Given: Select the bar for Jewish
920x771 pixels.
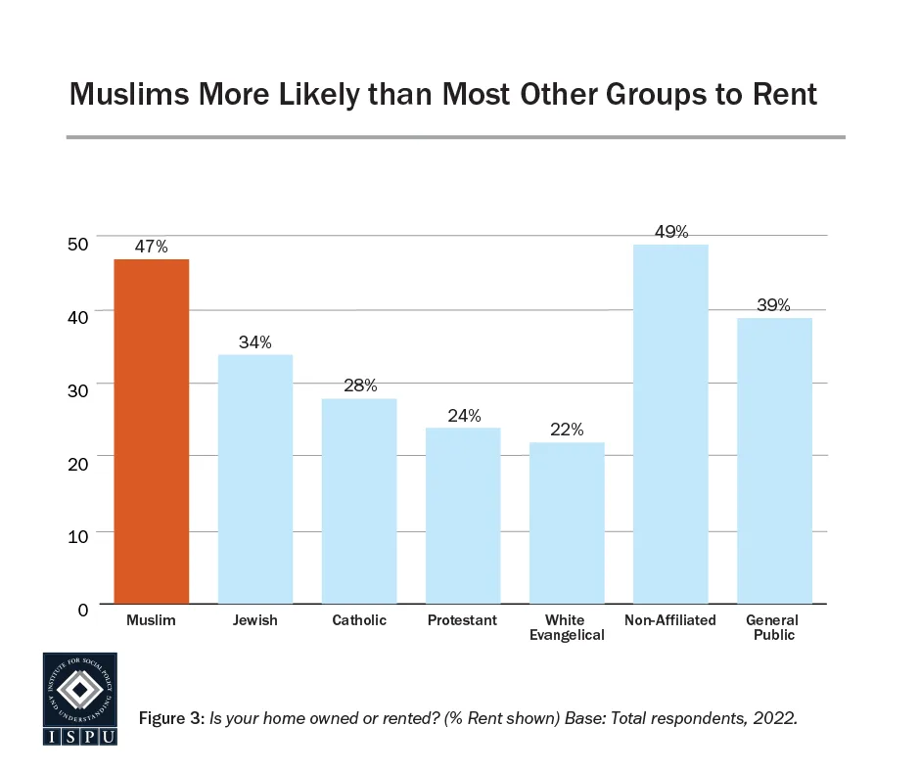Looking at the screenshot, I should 255,478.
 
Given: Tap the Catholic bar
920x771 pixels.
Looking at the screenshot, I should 359,500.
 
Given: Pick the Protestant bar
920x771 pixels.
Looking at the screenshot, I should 463,515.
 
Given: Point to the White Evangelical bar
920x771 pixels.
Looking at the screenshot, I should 567,522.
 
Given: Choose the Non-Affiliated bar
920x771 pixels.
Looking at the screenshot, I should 670,423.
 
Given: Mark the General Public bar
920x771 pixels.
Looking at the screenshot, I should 774,460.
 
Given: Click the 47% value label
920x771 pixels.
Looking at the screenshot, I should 152,247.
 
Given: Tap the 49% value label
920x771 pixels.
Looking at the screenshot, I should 670,232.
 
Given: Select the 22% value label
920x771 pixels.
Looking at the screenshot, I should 567,430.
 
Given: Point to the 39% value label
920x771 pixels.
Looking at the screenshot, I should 774,305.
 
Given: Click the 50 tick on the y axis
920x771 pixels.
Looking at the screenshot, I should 78,242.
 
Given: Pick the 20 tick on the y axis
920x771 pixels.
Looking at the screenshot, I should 78,462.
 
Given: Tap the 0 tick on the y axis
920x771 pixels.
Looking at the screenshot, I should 83,609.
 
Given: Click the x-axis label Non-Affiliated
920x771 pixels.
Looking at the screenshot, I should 670,620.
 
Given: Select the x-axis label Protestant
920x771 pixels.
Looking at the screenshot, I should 463,620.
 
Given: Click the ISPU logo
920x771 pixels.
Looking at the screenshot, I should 79,699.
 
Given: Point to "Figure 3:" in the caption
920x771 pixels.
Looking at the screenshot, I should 172,718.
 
